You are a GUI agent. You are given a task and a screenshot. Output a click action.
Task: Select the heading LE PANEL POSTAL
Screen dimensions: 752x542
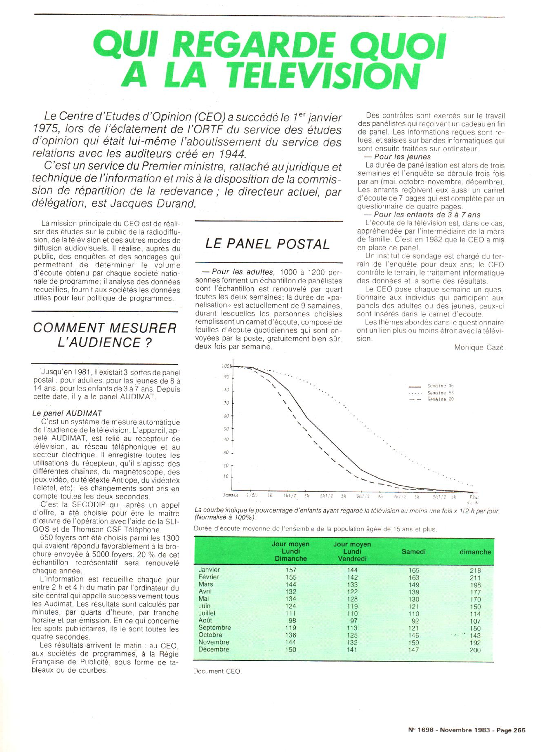pos(267,244)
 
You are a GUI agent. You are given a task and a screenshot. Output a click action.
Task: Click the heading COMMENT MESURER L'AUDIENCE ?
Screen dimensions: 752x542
pos(104,335)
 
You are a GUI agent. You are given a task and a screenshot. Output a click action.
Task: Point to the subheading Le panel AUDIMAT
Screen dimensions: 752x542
pos(67,413)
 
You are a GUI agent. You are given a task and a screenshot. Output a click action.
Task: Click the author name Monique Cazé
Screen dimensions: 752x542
pos(479,347)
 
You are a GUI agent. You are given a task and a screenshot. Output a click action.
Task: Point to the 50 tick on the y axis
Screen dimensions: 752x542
pos(227,429)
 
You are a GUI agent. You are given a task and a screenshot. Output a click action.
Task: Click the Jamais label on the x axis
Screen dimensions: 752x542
pos(231,495)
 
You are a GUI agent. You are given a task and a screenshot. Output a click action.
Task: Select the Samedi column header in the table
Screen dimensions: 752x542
pos(413,551)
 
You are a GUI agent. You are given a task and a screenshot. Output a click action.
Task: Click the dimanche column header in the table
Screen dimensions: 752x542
pos(475,551)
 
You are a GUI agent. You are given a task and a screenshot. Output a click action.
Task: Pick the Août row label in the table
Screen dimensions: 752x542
pos(205,620)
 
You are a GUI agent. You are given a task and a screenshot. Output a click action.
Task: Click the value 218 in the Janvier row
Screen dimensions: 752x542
pos(475,570)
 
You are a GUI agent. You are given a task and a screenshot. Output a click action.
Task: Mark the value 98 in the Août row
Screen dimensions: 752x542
pos(292,620)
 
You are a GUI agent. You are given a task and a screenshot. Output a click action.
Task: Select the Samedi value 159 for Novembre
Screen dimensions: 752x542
pos(413,642)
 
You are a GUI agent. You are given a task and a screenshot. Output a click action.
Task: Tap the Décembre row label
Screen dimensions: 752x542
pos(214,649)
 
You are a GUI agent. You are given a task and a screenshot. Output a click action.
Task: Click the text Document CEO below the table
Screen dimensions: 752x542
pos(218,671)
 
